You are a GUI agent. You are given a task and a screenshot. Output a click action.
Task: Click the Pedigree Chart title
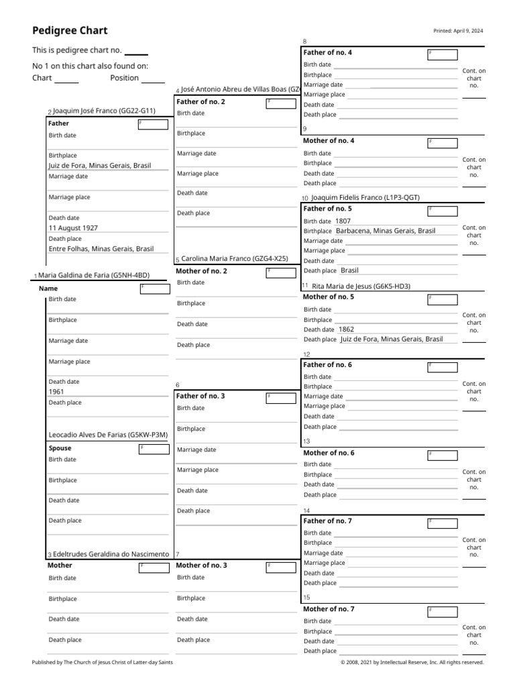70,31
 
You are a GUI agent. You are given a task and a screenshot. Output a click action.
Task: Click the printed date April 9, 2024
459,31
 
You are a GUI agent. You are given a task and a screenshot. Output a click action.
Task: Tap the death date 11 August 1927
73,228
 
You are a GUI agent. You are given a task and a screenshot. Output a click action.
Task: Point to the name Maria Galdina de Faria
93,275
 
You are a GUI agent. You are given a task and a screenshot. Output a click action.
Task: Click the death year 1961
56,392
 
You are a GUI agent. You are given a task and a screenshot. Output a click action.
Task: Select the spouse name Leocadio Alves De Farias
107,435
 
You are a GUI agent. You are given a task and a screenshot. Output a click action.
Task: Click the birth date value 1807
343,221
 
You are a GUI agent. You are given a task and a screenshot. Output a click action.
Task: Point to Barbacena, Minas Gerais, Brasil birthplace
386,231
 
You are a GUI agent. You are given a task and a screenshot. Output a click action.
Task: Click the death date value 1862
346,329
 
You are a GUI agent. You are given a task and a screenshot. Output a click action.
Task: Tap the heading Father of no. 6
328,365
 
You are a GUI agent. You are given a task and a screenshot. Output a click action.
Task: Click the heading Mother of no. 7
329,609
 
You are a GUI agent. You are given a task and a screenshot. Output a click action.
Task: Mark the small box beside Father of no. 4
443,55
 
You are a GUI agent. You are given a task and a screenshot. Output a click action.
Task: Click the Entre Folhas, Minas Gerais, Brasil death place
101,249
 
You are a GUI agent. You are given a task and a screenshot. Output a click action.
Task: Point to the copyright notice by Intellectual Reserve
412,662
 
